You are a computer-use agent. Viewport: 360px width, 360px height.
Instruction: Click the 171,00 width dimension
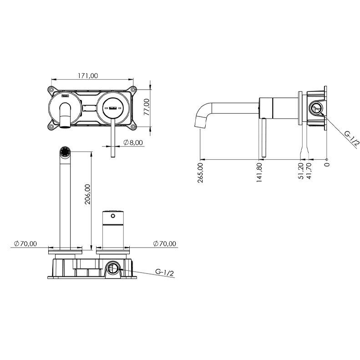coord(88,76)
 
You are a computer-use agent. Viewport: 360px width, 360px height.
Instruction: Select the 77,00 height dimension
coord(146,107)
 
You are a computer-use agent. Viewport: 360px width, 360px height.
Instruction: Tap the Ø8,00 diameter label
coord(133,142)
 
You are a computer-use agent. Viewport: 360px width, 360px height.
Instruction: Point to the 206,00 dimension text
coord(87,194)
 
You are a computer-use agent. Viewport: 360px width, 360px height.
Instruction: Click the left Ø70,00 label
coord(25,243)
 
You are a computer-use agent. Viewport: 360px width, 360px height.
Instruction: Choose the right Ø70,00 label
coord(165,243)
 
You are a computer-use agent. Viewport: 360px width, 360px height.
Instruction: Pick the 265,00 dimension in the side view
coord(200,172)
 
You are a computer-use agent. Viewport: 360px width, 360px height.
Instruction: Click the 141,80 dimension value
coord(259,172)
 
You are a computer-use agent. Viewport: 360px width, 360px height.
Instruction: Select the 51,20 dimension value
coord(302,171)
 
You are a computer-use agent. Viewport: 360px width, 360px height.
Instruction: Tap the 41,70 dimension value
coord(309,171)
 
